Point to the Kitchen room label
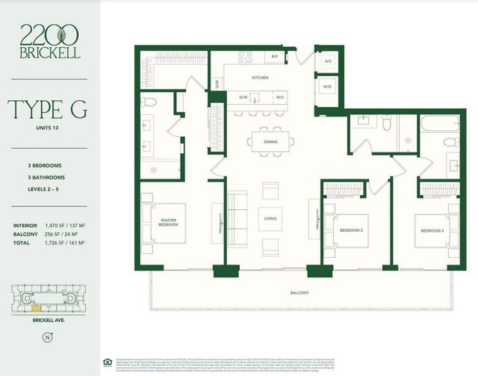pos(259,78)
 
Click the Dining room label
pos(270,141)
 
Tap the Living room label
pos(270,218)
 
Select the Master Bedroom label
pos(167,222)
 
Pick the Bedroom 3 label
pos(432,231)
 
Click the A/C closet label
pos(328,61)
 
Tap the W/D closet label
pos(328,86)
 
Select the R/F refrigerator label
pos(274,57)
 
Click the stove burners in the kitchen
pos(245,57)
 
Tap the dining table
pos(270,141)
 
